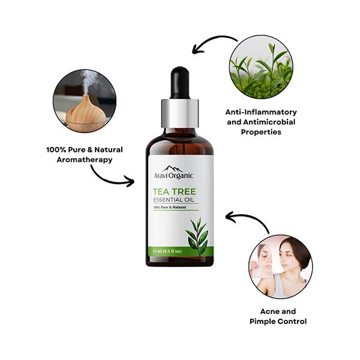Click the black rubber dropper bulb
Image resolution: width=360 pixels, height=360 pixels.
click(x=180, y=83)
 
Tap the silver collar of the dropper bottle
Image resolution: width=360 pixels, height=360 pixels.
click(x=180, y=113)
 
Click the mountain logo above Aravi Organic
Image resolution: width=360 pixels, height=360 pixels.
click(x=173, y=169)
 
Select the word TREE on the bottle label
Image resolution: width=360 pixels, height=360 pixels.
click(x=184, y=192)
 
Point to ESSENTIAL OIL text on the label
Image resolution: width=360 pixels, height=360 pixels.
click(x=173, y=200)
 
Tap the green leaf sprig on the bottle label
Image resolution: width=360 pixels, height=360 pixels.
click(x=197, y=236)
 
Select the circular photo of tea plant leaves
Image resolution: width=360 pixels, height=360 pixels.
click(x=261, y=67)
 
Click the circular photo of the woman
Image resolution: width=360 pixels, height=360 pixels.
click(x=281, y=266)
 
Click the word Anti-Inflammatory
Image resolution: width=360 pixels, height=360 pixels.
click(x=261, y=112)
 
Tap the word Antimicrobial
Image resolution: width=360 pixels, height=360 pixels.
click(x=269, y=122)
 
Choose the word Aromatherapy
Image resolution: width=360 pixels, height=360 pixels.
click(x=85, y=160)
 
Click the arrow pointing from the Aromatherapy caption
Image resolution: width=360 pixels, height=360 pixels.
click(x=108, y=179)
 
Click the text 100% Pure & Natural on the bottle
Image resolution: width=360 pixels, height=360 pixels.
click(x=170, y=208)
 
